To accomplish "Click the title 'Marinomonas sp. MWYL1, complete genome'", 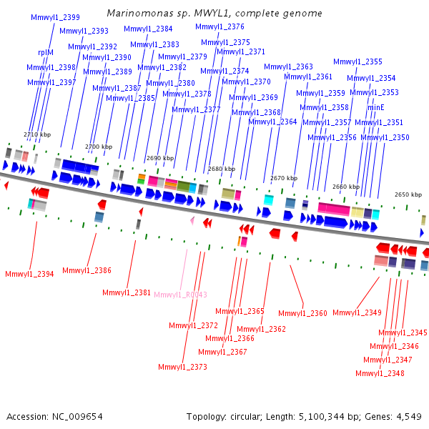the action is coord(214,13).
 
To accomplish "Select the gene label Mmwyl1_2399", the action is coord(55,17).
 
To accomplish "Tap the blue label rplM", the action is coord(46,52).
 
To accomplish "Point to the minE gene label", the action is coord(375,107).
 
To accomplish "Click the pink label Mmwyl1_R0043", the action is coord(181,295).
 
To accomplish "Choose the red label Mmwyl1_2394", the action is coord(29,274).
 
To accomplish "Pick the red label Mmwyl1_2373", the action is coord(182,367).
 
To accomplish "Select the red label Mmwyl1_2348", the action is coord(380,373).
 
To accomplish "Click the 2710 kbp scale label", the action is coord(37,134).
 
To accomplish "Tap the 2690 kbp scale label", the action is coord(160,158).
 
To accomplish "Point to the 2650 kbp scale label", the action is coord(408,194).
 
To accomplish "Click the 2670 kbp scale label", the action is coord(284,178).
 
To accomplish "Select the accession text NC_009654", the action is coord(77,417).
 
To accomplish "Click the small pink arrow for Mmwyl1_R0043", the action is coord(192,220).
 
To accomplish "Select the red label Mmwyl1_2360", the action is coord(302,313).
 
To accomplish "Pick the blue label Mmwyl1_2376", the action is coord(220,26).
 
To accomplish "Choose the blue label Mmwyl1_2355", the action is coord(357,61).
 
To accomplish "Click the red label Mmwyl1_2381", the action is coord(127,292).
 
